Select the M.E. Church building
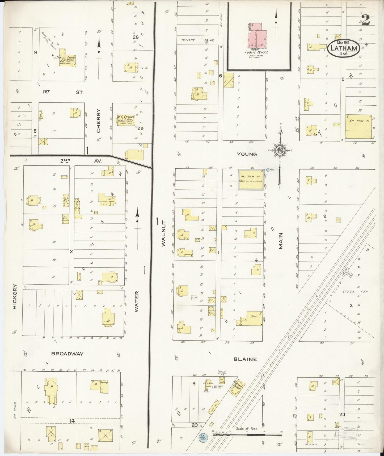(x=125, y=121)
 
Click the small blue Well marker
(x=268, y=170)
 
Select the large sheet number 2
(x=366, y=20)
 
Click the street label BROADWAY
(x=67, y=354)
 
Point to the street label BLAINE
(x=245, y=359)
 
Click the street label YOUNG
(x=247, y=154)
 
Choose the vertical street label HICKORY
(x=15, y=296)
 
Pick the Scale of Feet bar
(x=247, y=435)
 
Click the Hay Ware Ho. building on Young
(x=251, y=180)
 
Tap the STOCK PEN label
(x=359, y=292)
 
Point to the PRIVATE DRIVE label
(x=197, y=40)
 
